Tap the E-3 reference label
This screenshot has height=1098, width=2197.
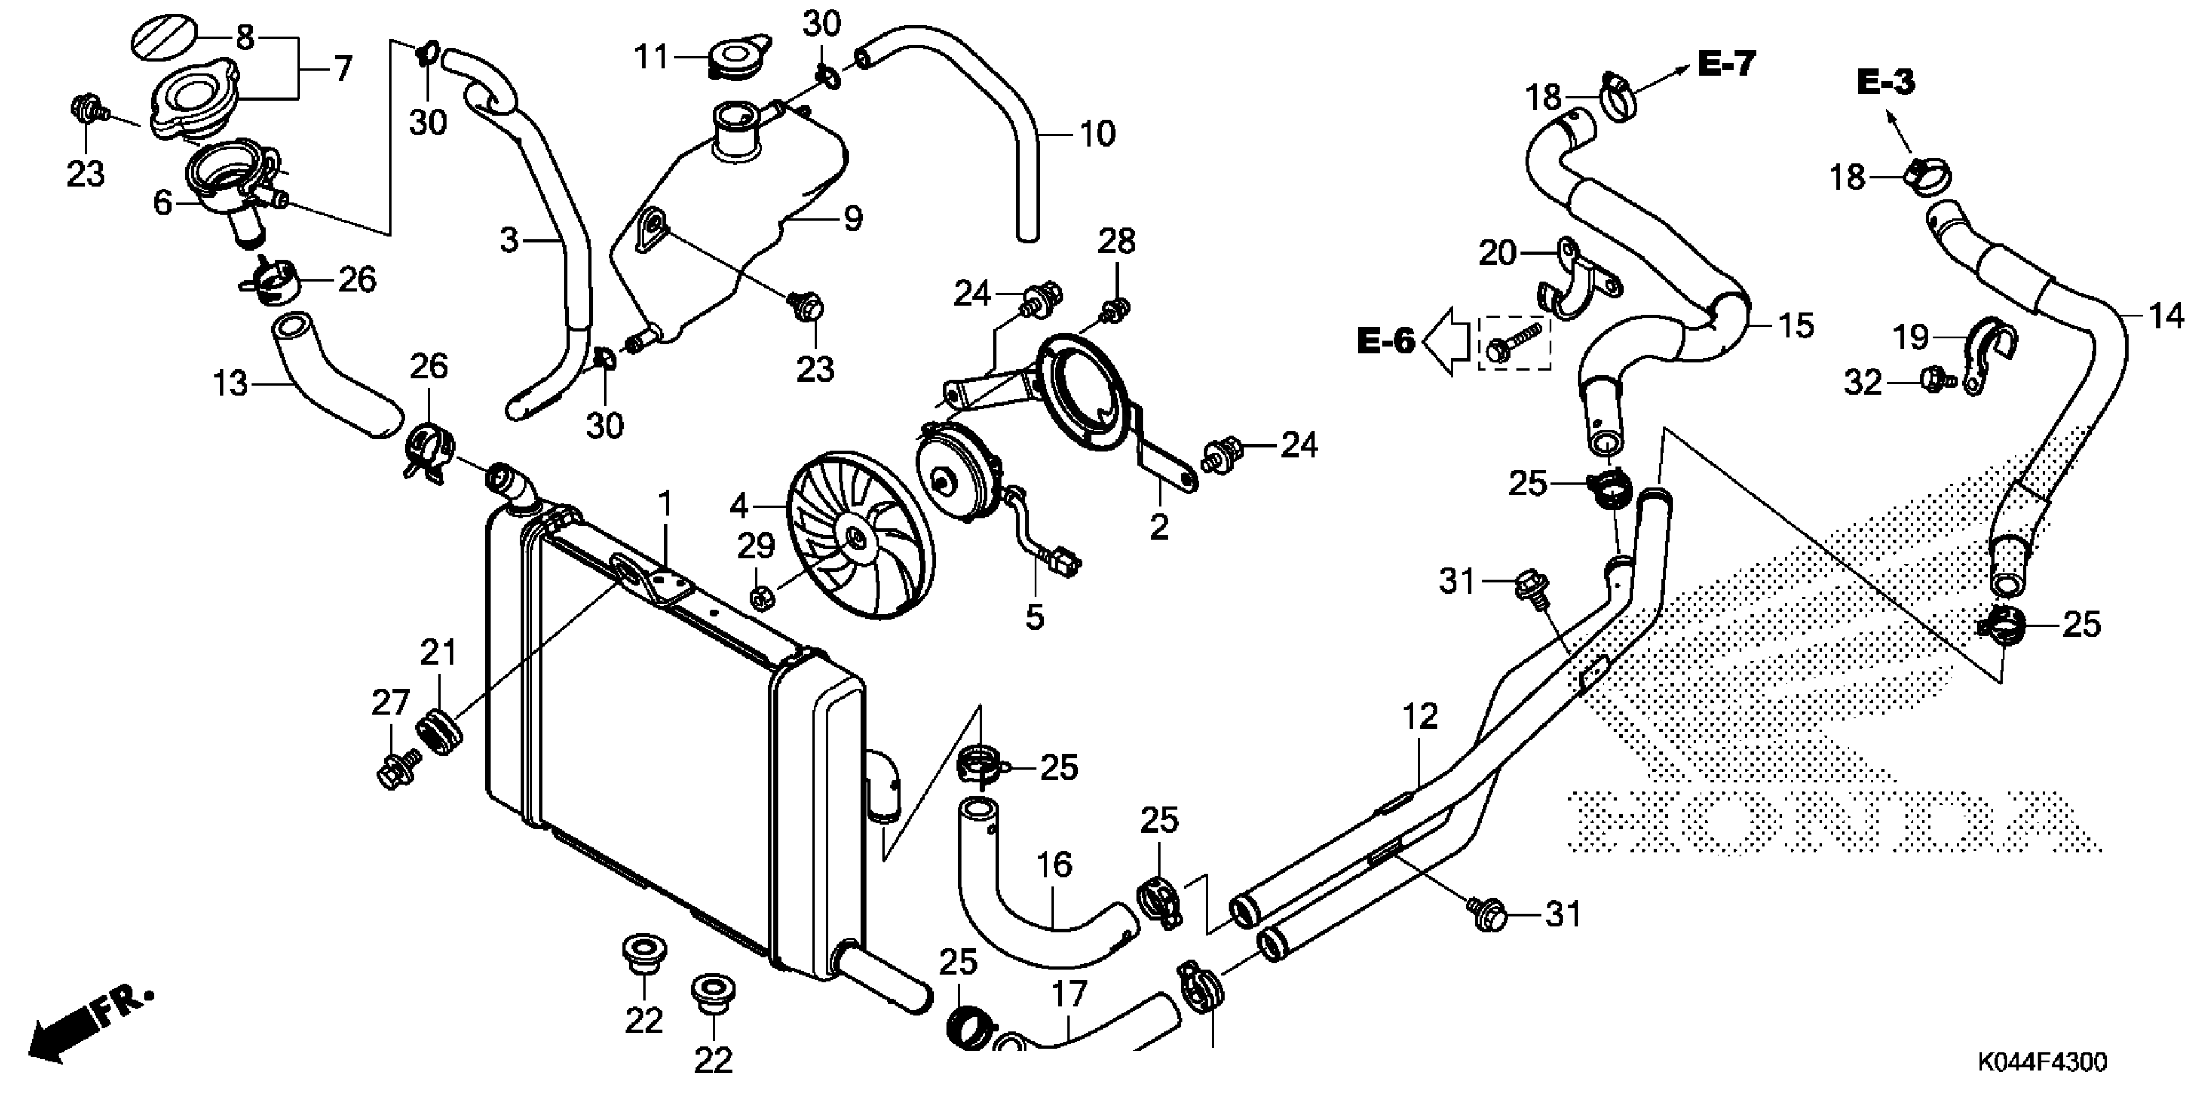tap(1886, 83)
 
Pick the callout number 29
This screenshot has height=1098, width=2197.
tap(755, 546)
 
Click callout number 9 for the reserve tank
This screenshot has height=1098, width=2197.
tap(852, 219)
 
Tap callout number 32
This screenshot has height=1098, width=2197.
tap(1863, 383)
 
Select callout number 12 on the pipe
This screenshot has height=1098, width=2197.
tap(1420, 717)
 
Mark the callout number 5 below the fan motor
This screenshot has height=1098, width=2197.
tap(1035, 616)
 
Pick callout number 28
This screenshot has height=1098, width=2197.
tap(1117, 242)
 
